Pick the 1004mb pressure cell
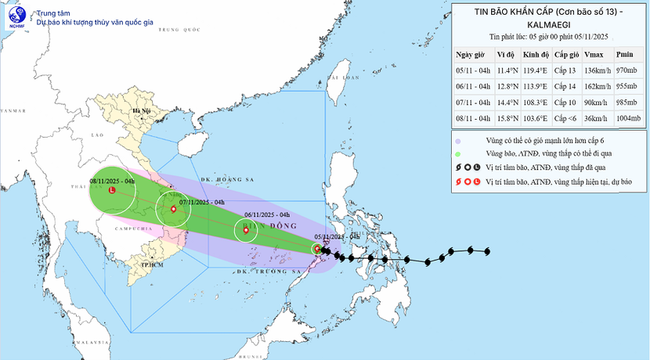[628, 118]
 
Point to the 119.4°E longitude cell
[536, 70]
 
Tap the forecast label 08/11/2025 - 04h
[111, 181]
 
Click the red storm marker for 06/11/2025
[246, 230]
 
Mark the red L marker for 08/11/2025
[111, 191]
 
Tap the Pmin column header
[625, 55]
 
